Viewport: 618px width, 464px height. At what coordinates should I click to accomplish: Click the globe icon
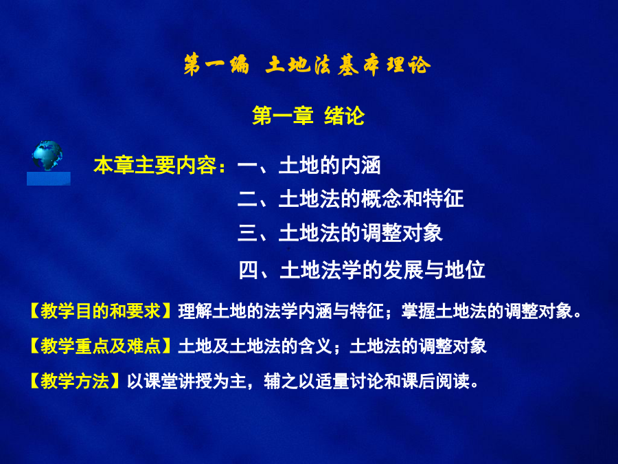tap(47, 155)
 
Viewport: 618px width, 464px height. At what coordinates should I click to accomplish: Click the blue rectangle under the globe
tap(49, 178)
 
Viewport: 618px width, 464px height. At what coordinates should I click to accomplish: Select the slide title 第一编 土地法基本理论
tap(307, 65)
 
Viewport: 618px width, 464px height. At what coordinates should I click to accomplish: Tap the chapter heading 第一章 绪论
tap(308, 115)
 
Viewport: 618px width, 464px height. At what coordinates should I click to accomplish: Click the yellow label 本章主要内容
tap(155, 165)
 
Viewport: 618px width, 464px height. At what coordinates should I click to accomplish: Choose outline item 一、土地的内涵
tap(309, 165)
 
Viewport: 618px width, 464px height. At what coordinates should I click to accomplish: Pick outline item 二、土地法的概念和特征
tap(350, 199)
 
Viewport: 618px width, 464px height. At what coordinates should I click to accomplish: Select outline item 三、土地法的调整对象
tap(340, 232)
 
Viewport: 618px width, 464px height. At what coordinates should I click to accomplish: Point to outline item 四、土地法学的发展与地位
tap(361, 270)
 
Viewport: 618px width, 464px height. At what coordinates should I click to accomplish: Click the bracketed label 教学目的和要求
tap(100, 311)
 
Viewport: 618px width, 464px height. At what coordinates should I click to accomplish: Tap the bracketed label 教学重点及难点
tap(100, 346)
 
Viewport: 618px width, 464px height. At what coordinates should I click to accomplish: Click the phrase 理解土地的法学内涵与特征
tap(281, 311)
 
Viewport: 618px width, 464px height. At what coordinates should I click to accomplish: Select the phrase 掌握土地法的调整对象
tap(486, 311)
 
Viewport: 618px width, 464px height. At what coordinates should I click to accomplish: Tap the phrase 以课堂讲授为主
tap(186, 381)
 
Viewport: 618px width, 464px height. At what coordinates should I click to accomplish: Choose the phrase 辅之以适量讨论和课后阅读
tap(367, 381)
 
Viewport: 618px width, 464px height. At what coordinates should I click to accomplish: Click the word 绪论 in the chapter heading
tap(344, 115)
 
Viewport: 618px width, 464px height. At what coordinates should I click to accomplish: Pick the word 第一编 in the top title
tap(216, 65)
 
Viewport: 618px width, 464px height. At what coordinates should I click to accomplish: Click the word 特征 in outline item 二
tap(443, 199)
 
